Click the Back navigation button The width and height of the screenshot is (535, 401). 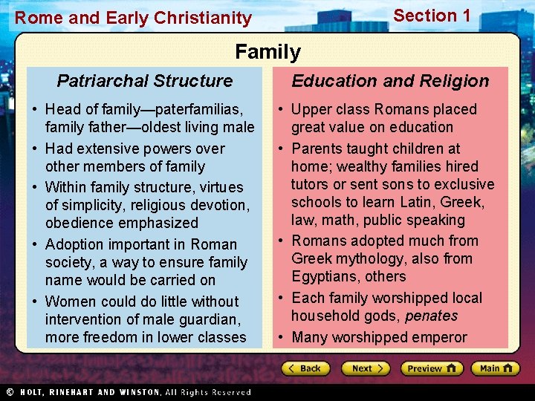pyautogui.click(x=305, y=368)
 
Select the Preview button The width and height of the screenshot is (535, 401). pyautogui.click(x=432, y=368)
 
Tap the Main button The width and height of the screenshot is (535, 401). pyautogui.click(x=496, y=368)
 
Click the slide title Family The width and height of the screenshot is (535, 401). pyautogui.click(x=267, y=52)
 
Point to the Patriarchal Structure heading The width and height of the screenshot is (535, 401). pyautogui.click(x=145, y=81)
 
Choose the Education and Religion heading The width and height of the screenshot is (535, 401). pyautogui.click(x=390, y=81)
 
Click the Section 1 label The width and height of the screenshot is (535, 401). pyautogui.click(x=432, y=16)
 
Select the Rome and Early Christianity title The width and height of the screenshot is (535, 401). pyautogui.click(x=134, y=18)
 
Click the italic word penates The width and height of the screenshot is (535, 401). pyautogui.click(x=431, y=316)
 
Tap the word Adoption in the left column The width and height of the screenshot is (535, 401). pyautogui.click(x=74, y=244)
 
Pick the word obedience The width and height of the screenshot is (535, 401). pyautogui.click(x=79, y=224)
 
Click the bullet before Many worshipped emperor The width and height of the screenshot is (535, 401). pyautogui.click(x=282, y=338)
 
